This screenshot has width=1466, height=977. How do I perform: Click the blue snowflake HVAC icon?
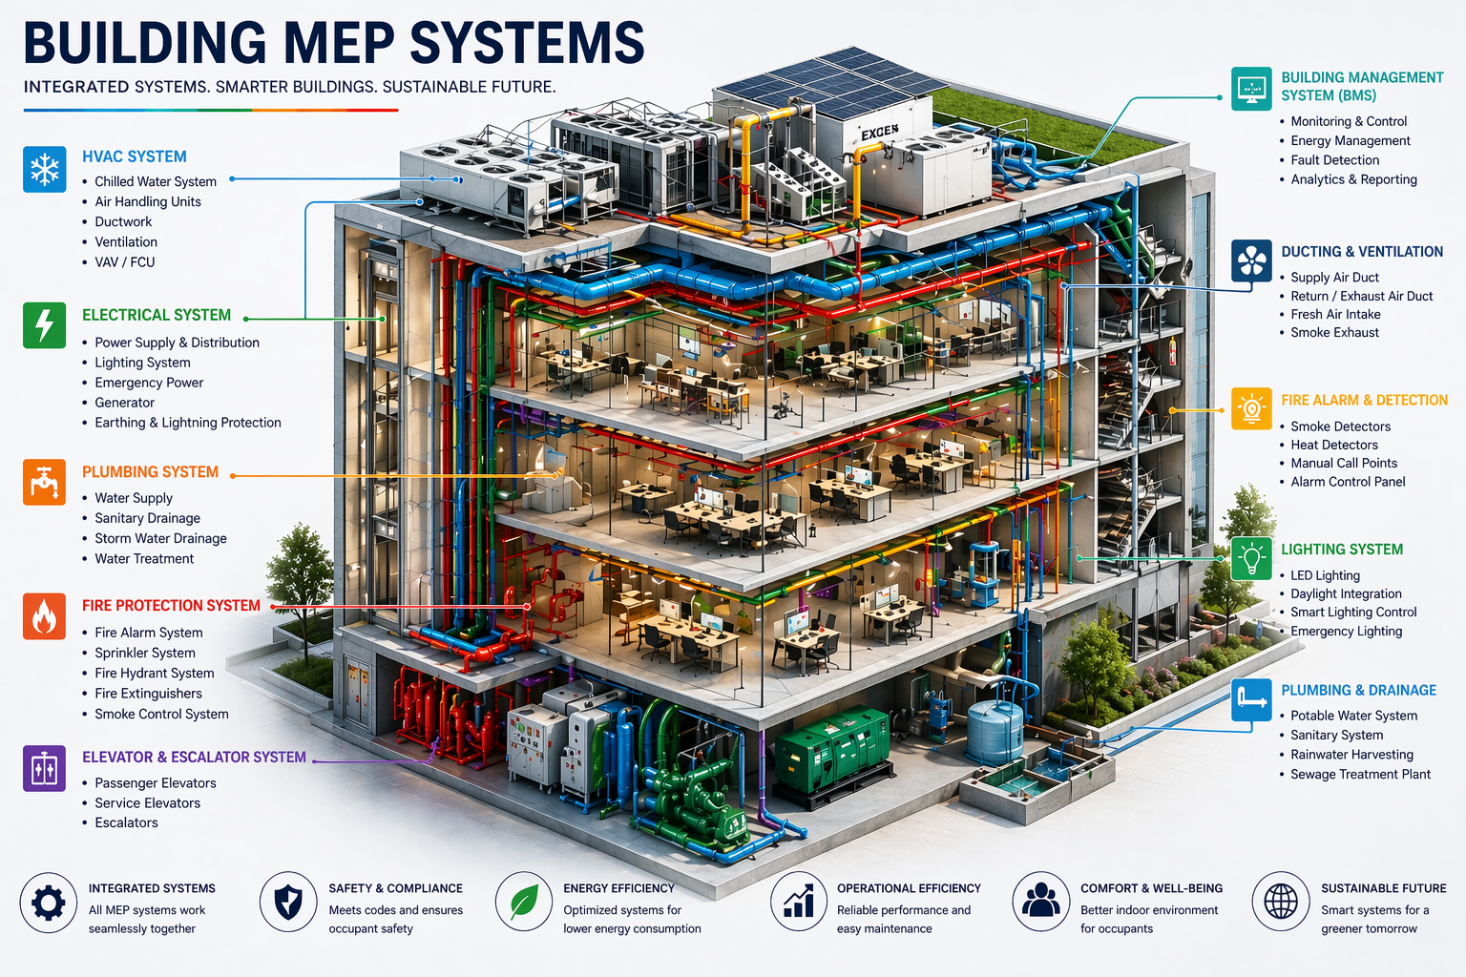[45, 170]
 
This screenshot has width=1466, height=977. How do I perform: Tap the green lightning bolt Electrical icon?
[45, 325]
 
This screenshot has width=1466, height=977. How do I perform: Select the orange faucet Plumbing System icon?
[45, 482]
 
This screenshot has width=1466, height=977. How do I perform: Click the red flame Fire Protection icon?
[45, 616]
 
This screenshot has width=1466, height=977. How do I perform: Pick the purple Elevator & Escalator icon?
[45, 768]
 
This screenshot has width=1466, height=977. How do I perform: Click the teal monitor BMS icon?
[1251, 89]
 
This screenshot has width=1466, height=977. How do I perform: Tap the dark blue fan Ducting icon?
[1251, 260]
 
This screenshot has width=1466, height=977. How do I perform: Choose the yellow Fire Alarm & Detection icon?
[1251, 408]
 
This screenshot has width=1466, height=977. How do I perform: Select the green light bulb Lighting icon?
[1251, 558]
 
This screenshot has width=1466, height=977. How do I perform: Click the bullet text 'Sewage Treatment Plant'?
[1360, 774]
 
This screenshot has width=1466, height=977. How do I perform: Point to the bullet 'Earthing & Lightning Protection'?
[188, 423]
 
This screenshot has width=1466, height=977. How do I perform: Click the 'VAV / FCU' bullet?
[125, 261]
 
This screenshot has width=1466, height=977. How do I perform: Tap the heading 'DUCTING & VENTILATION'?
[1362, 252]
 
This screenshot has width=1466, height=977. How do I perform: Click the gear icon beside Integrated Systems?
[49, 902]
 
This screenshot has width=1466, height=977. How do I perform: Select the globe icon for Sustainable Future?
[1281, 901]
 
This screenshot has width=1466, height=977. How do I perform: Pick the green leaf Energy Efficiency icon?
[524, 902]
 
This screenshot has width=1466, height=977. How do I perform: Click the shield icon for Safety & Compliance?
[288, 901]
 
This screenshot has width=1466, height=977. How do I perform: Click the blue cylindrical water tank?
[995, 730]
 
